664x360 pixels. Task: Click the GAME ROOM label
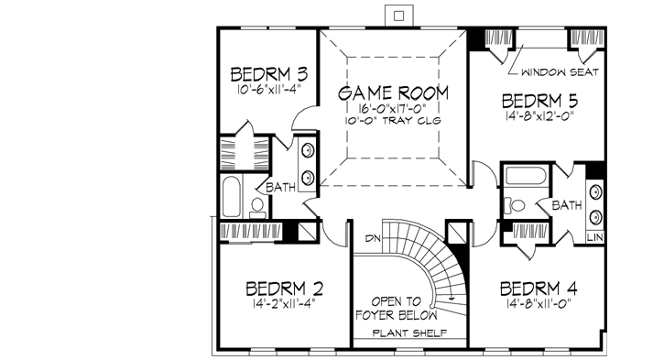pyautogui.click(x=394, y=93)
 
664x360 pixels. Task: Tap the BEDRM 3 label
pyautogui.click(x=268, y=73)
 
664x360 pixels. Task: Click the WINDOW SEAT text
pyautogui.click(x=560, y=71)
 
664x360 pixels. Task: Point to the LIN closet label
pyautogui.click(x=595, y=237)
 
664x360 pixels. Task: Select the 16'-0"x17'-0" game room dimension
pyautogui.click(x=394, y=108)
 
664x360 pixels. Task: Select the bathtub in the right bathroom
pyautogui.click(x=524, y=176)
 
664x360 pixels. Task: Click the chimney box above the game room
pyautogui.click(x=395, y=13)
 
